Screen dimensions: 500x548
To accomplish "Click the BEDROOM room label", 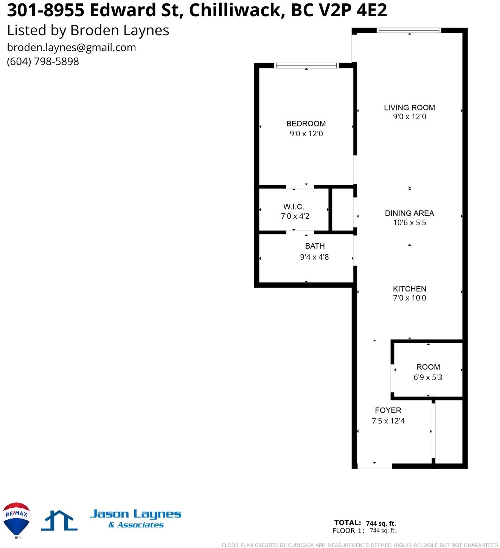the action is (306, 123).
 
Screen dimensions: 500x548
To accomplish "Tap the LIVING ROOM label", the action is (409, 107).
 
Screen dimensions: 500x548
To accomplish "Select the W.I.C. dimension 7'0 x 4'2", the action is (295, 216).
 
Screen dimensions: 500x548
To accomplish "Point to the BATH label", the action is (315, 246).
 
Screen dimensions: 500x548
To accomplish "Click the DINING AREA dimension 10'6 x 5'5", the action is (409, 223).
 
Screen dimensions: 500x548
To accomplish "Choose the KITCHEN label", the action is (409, 289).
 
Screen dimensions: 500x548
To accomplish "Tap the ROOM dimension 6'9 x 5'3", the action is (428, 377).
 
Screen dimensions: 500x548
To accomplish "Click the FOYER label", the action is (388, 410).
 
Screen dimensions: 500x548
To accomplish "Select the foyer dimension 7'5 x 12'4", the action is (388, 421).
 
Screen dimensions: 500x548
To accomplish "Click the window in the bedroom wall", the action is (306, 65).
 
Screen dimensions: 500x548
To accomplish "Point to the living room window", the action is (409, 30).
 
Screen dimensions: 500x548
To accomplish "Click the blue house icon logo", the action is (59, 520).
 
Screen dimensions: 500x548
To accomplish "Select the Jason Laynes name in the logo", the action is (135, 514).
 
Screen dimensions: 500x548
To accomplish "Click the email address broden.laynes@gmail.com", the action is (71, 48).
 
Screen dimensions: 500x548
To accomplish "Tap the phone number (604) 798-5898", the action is (43, 61).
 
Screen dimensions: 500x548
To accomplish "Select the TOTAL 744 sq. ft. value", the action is (380, 523).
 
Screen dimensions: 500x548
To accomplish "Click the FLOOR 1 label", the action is (348, 531).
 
